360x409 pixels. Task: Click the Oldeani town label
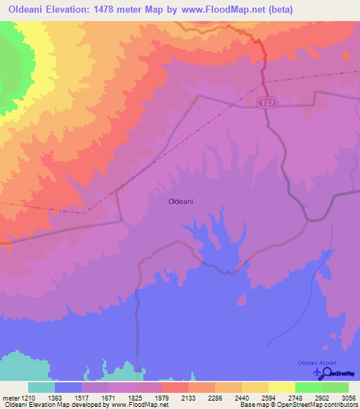(x=181, y=201)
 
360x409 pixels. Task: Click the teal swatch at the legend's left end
(x=41, y=387)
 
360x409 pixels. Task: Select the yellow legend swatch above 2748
(x=282, y=387)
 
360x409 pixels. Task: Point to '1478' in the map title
(x=115, y=9)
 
